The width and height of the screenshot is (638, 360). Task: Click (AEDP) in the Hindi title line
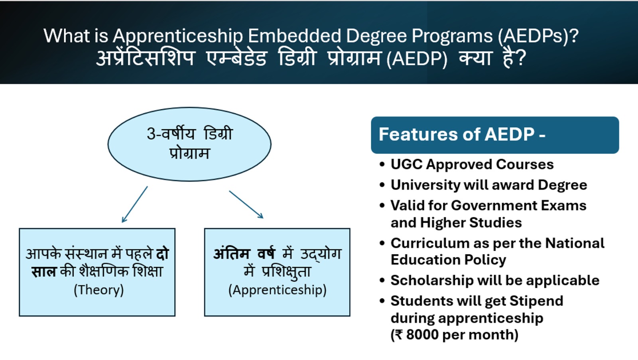tap(417, 59)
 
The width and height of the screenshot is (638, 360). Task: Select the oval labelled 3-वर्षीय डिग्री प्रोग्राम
tap(189, 144)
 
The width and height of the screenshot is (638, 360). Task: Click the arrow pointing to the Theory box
tap(134, 204)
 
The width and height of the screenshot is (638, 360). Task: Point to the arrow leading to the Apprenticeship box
tap(246, 205)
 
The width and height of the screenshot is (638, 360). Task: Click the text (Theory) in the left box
tap(98, 290)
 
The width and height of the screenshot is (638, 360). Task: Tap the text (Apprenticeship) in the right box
tap(278, 290)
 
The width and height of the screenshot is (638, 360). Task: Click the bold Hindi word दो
tap(163, 254)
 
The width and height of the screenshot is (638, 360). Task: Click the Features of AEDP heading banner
tap(495, 135)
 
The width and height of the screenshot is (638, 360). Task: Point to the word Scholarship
tap(432, 281)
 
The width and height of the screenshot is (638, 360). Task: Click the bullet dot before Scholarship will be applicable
tap(382, 281)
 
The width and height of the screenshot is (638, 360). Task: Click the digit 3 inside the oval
tap(151, 134)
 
